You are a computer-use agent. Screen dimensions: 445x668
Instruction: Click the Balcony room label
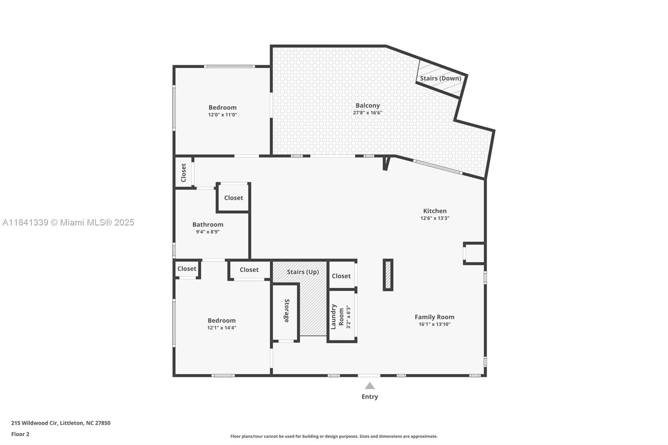[367, 106]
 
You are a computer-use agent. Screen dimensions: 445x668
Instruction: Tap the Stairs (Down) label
[440, 78]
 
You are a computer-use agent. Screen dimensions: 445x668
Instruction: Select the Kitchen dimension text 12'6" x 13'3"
[435, 218]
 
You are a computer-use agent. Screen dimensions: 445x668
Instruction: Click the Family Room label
[434, 317]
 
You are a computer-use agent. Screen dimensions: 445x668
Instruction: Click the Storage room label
[286, 311]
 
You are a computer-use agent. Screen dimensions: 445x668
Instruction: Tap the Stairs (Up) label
[303, 272]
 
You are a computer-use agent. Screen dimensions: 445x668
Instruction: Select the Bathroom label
[207, 225]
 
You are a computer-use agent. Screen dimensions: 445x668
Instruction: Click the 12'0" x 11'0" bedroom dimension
[223, 115]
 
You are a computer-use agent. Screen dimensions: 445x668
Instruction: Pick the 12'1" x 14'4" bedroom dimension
[222, 328]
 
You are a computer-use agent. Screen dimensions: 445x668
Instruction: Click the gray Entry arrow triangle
[369, 386]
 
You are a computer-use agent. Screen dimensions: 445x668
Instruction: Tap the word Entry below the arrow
[369, 397]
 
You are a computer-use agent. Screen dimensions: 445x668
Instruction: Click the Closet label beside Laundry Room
[341, 276]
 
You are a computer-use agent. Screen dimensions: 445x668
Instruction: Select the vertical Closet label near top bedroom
[183, 172]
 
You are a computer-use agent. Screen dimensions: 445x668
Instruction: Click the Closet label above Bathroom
[233, 198]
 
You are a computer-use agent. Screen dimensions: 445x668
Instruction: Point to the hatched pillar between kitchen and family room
[388, 275]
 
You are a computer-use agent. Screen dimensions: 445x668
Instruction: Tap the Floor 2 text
[20, 434]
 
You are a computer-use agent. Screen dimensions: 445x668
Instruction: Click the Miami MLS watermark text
[68, 222]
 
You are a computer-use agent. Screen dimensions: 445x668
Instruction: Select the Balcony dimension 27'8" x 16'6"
[367, 113]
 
